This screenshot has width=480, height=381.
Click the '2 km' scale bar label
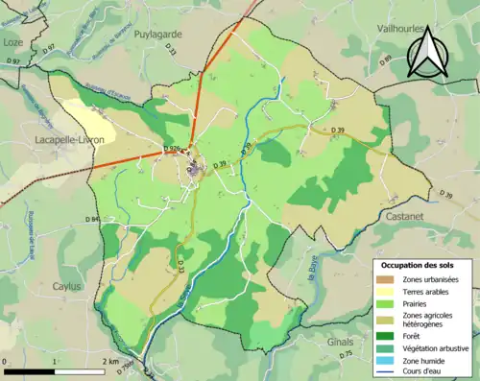pos(113,361)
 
